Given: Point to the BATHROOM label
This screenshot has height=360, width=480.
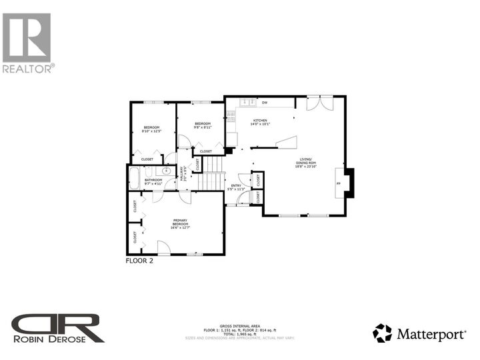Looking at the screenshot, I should pos(154,180).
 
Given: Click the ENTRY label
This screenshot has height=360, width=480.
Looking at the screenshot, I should pos(236,187).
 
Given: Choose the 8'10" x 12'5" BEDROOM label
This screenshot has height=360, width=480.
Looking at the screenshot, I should pos(151,129).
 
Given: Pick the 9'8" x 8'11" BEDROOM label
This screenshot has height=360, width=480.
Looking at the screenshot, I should pos(203,125).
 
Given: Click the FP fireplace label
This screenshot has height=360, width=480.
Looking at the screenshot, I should pos(339,183).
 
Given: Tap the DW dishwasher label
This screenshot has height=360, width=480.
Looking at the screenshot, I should pos(265,103).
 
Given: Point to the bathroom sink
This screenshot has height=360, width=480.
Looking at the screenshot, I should pos(165,171).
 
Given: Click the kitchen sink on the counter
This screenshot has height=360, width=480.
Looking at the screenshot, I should pos(247,103).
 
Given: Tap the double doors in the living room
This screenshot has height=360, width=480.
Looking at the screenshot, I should pos(319,103).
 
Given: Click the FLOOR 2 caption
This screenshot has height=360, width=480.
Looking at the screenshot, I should pos(139,261).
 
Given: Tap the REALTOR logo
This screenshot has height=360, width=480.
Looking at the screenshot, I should pos(27,41).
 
